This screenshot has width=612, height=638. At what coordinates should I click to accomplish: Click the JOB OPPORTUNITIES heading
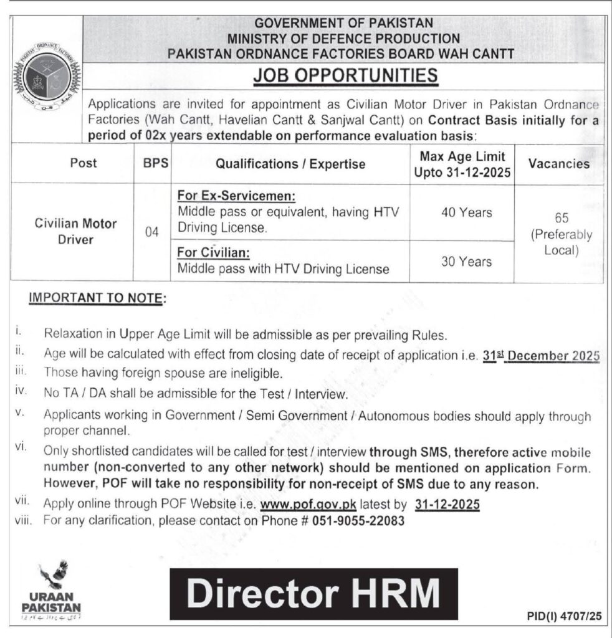(345, 76)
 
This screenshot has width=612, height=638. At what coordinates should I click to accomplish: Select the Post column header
(84, 163)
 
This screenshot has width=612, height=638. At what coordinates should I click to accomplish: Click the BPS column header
(152, 164)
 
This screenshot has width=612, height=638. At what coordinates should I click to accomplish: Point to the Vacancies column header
(558, 164)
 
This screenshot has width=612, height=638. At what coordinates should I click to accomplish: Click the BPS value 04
(152, 232)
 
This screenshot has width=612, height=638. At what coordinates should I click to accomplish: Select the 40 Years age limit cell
(467, 212)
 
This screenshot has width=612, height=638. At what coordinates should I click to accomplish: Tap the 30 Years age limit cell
(467, 262)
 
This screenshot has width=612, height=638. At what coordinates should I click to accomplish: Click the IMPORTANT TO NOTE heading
(97, 299)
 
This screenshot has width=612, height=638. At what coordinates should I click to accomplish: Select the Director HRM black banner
(313, 593)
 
